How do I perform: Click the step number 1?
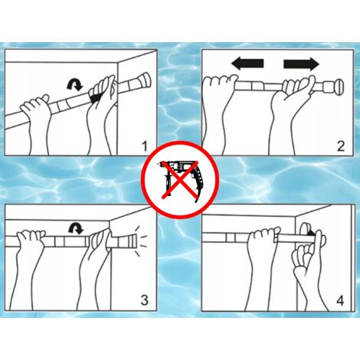(x=145, y=146)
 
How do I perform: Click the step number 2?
(x=341, y=146)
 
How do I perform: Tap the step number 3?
(x=145, y=299)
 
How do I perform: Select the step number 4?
(x=340, y=301)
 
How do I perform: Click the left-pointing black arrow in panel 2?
(x=247, y=64)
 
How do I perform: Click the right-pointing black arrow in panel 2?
(x=301, y=64)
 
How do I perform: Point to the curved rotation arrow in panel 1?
(x=75, y=84)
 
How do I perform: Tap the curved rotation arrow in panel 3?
(x=76, y=228)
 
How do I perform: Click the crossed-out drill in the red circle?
(x=180, y=179)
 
